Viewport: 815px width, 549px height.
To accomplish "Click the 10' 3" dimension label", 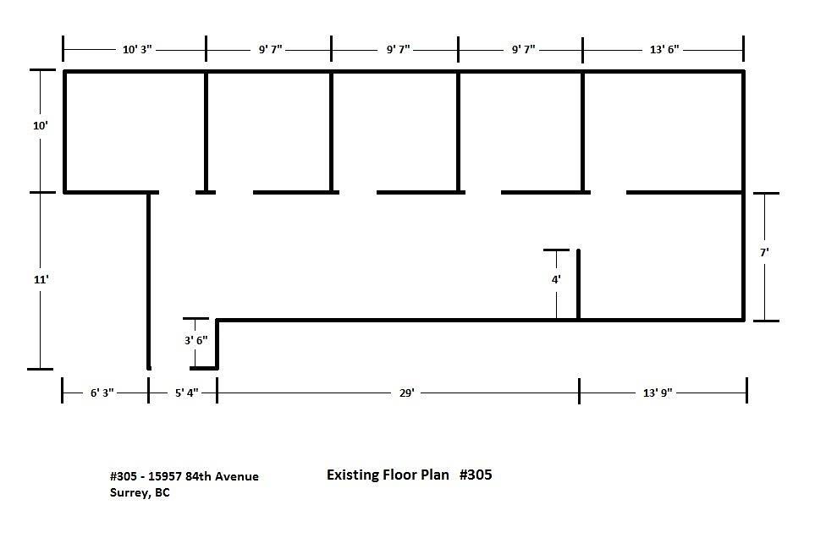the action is point(137,50).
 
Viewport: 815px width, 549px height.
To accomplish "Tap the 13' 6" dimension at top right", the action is point(664,50).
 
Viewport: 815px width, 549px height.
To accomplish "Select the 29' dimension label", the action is point(406,393).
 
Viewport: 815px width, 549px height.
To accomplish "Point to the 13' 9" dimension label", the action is point(658,393).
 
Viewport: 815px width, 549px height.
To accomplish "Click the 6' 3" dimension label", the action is point(102,393).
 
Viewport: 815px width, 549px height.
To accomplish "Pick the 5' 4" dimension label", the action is point(186,393).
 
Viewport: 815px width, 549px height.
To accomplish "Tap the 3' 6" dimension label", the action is point(196,341).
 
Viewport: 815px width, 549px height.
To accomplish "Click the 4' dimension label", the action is point(556,280).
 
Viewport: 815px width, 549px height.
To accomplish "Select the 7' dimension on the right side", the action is point(764,253).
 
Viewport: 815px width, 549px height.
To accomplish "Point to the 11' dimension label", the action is point(41,280).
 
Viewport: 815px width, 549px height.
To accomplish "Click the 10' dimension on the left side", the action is point(41,126).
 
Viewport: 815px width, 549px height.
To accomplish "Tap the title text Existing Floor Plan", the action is point(388,475).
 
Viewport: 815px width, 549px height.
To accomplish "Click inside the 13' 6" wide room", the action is point(664,132).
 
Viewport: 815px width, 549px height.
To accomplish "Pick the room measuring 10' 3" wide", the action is point(135,132).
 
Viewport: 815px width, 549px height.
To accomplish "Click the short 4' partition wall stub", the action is point(579,284).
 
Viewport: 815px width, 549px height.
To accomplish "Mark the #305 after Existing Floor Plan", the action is point(476,475).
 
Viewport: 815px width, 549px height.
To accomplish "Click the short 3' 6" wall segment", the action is point(218,343).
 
